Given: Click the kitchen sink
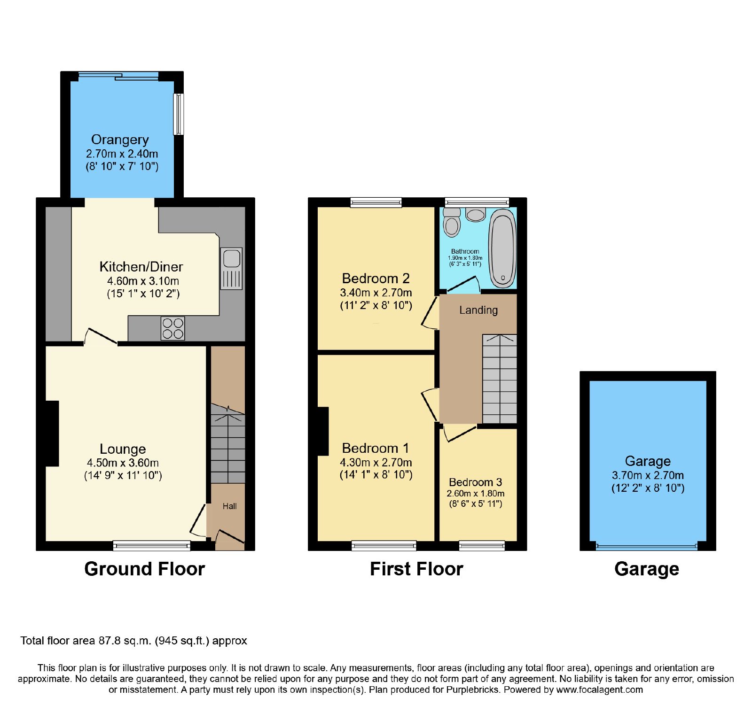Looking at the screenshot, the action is click(x=231, y=268).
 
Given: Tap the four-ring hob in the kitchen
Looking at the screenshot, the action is click(x=173, y=328).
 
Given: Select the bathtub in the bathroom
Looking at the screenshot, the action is click(x=502, y=248).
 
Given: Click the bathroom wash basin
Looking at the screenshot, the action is click(x=476, y=215).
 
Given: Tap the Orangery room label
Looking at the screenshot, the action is click(x=120, y=139).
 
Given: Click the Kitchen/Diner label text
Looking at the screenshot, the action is click(x=141, y=267).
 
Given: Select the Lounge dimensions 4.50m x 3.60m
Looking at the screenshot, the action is click(x=123, y=463).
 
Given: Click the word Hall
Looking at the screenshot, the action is click(x=229, y=506).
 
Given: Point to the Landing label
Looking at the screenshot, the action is click(x=478, y=310).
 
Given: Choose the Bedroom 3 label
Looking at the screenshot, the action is click(x=475, y=482).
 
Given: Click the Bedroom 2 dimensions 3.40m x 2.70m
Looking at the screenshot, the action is click(x=376, y=293).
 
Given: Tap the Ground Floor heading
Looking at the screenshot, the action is click(x=145, y=569).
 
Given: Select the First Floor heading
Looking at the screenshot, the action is click(x=416, y=569).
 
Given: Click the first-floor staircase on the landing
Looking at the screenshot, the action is click(x=500, y=379).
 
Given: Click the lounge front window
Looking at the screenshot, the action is click(x=152, y=546).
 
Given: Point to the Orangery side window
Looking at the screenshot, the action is click(x=179, y=114).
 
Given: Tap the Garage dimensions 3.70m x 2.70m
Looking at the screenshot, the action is click(x=648, y=475).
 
